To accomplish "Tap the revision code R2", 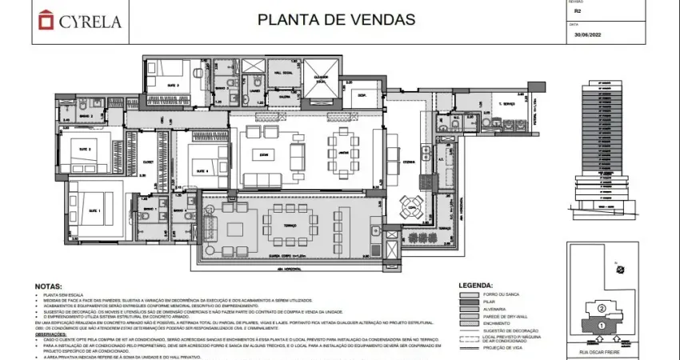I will point(578,13).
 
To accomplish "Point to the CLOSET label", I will point(147,162).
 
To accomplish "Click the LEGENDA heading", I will point(480,286).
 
